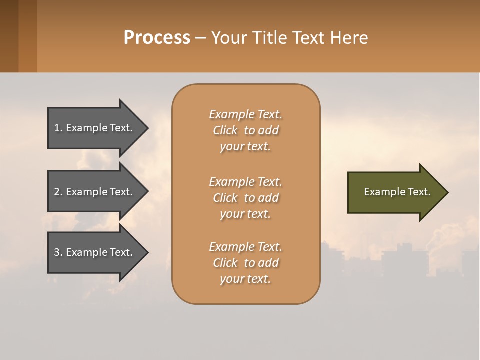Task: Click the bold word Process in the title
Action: (x=157, y=38)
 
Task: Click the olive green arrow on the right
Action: (x=395, y=192)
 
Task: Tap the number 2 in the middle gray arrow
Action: (x=57, y=192)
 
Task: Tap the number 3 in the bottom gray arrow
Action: (x=57, y=252)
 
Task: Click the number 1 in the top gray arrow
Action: (x=57, y=128)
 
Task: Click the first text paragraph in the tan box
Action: (x=245, y=130)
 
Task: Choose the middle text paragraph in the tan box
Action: (x=245, y=197)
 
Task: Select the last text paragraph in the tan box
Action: (x=245, y=263)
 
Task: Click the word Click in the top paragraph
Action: (x=225, y=130)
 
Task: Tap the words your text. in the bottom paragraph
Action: (x=245, y=279)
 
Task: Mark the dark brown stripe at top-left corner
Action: (x=9, y=36)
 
